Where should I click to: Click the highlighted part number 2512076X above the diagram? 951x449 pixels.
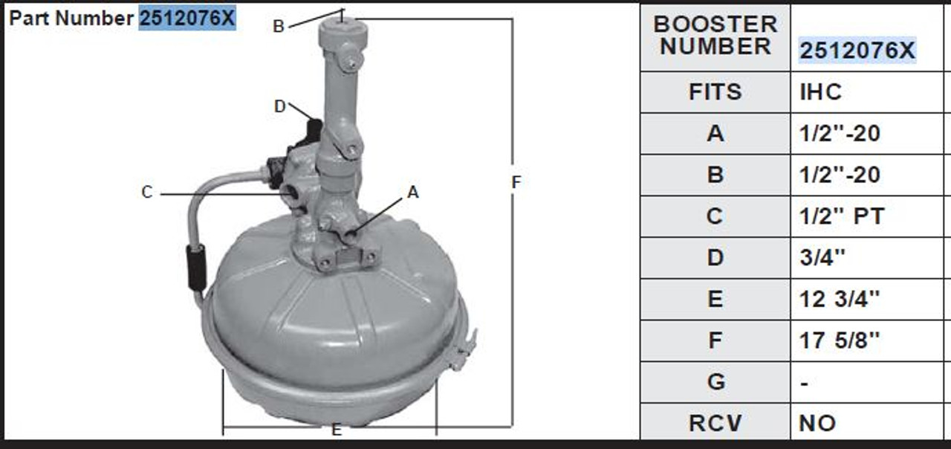click(x=186, y=18)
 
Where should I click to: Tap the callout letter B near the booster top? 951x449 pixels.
click(x=279, y=27)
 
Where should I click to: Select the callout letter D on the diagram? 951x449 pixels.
click(x=279, y=107)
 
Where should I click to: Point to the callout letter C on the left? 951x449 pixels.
click(x=147, y=193)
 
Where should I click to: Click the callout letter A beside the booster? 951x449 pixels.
click(x=413, y=193)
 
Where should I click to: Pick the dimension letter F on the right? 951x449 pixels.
click(x=517, y=181)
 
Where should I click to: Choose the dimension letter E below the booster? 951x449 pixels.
click(x=337, y=430)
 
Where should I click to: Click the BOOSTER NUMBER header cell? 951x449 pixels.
click(x=715, y=36)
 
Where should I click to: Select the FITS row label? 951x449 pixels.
click(x=715, y=92)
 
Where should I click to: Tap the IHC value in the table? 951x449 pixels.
click(x=821, y=92)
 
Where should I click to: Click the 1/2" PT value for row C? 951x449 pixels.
click(x=842, y=216)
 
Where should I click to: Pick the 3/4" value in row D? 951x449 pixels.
click(x=822, y=258)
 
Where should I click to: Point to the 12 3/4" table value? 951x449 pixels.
click(x=839, y=299)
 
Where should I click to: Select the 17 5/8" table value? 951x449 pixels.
click(x=839, y=340)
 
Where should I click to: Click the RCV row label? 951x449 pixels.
click(x=715, y=423)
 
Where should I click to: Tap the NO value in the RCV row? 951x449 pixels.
click(x=817, y=423)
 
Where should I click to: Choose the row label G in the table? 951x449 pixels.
click(x=715, y=381)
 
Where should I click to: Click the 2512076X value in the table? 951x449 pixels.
click(x=857, y=51)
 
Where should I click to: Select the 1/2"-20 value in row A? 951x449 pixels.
click(x=839, y=134)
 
